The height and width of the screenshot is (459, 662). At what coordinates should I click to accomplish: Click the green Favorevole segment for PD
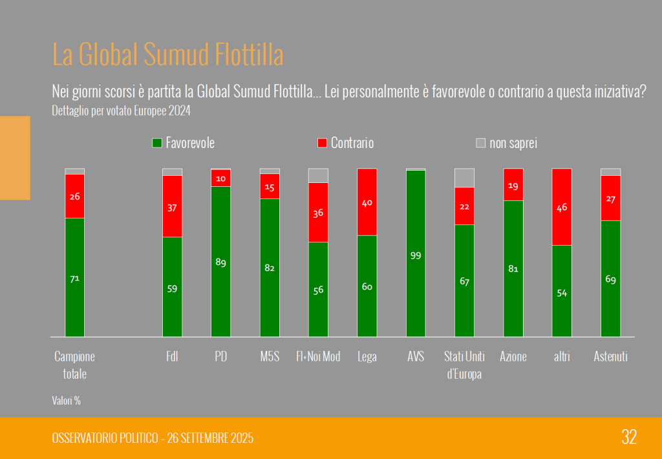click(220, 261)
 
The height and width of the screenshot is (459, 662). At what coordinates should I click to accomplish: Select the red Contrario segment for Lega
click(367, 202)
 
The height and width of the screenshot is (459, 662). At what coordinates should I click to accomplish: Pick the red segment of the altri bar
click(562, 207)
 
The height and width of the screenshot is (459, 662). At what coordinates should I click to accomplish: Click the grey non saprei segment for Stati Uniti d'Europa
click(464, 177)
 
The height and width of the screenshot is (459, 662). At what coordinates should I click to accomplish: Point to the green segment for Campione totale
click(74, 277)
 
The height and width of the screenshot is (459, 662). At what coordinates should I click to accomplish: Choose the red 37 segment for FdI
click(172, 206)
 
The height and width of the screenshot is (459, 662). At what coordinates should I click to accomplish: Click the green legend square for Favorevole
click(156, 143)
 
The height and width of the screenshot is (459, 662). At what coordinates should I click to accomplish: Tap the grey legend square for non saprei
click(480, 143)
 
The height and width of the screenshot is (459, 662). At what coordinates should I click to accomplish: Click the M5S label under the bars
click(270, 357)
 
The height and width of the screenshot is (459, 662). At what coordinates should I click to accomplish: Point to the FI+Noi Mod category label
click(318, 357)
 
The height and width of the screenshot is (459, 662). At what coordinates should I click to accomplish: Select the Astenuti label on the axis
click(611, 357)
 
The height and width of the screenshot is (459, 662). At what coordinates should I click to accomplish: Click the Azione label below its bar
click(513, 357)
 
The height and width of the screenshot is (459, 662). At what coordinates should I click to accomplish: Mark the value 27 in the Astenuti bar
click(611, 199)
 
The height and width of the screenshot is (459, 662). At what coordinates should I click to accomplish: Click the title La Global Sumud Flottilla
click(167, 56)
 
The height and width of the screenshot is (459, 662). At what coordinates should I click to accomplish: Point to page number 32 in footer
click(629, 437)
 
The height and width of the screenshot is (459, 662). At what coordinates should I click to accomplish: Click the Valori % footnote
click(67, 401)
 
